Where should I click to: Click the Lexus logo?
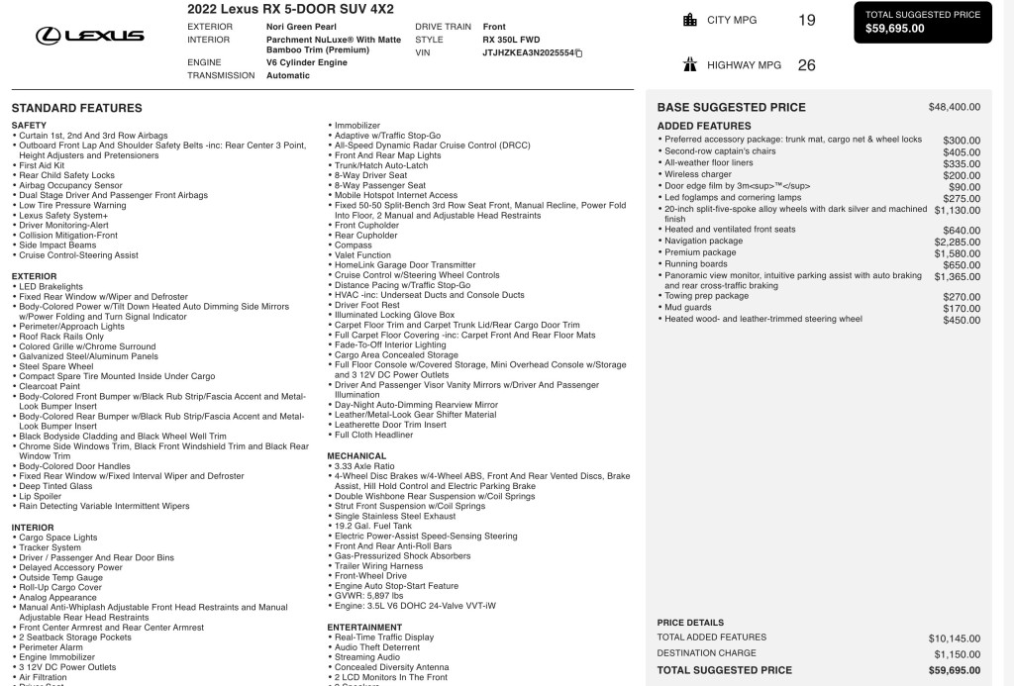90,36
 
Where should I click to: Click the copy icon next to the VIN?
579,52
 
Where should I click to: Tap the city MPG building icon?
690,20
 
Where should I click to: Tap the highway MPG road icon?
690,65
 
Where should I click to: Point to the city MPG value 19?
807,20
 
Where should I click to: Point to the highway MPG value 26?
807,65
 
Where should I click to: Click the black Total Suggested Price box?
922,22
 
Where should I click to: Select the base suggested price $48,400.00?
954,107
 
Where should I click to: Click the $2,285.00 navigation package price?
957,242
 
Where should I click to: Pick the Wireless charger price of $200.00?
962,175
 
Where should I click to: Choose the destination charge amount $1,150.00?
957,654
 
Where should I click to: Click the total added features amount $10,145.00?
955,638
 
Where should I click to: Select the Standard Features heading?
76,108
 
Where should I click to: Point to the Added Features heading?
704,126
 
